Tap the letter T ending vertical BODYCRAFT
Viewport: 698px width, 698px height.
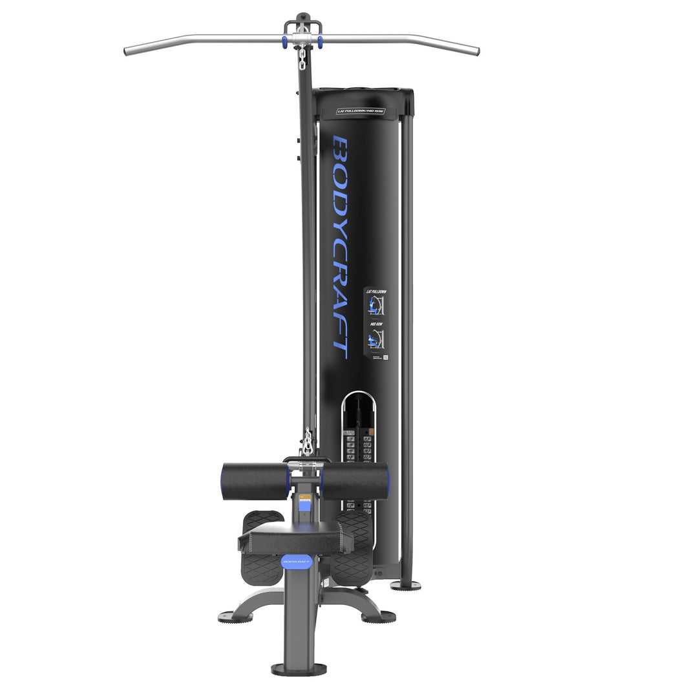click(341, 349)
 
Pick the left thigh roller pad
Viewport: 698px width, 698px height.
click(255, 481)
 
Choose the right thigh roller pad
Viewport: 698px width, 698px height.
click(355, 480)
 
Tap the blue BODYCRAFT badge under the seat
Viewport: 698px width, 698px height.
click(296, 562)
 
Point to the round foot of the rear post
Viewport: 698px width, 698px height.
click(405, 586)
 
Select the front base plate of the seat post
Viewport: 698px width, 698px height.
click(299, 669)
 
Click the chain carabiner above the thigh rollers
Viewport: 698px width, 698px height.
click(306, 443)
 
